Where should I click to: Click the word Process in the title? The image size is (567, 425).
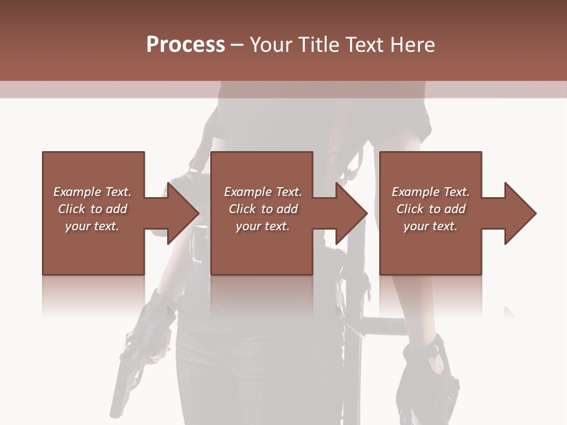(185, 45)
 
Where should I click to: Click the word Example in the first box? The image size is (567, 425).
(77, 192)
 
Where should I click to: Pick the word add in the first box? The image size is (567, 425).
(116, 209)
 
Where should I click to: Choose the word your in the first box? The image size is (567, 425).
(77, 226)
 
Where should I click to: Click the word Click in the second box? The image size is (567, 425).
(242, 209)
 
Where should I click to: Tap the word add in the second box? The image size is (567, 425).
(286, 209)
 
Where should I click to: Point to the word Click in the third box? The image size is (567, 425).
(410, 209)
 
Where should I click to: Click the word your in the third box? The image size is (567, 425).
(416, 226)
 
